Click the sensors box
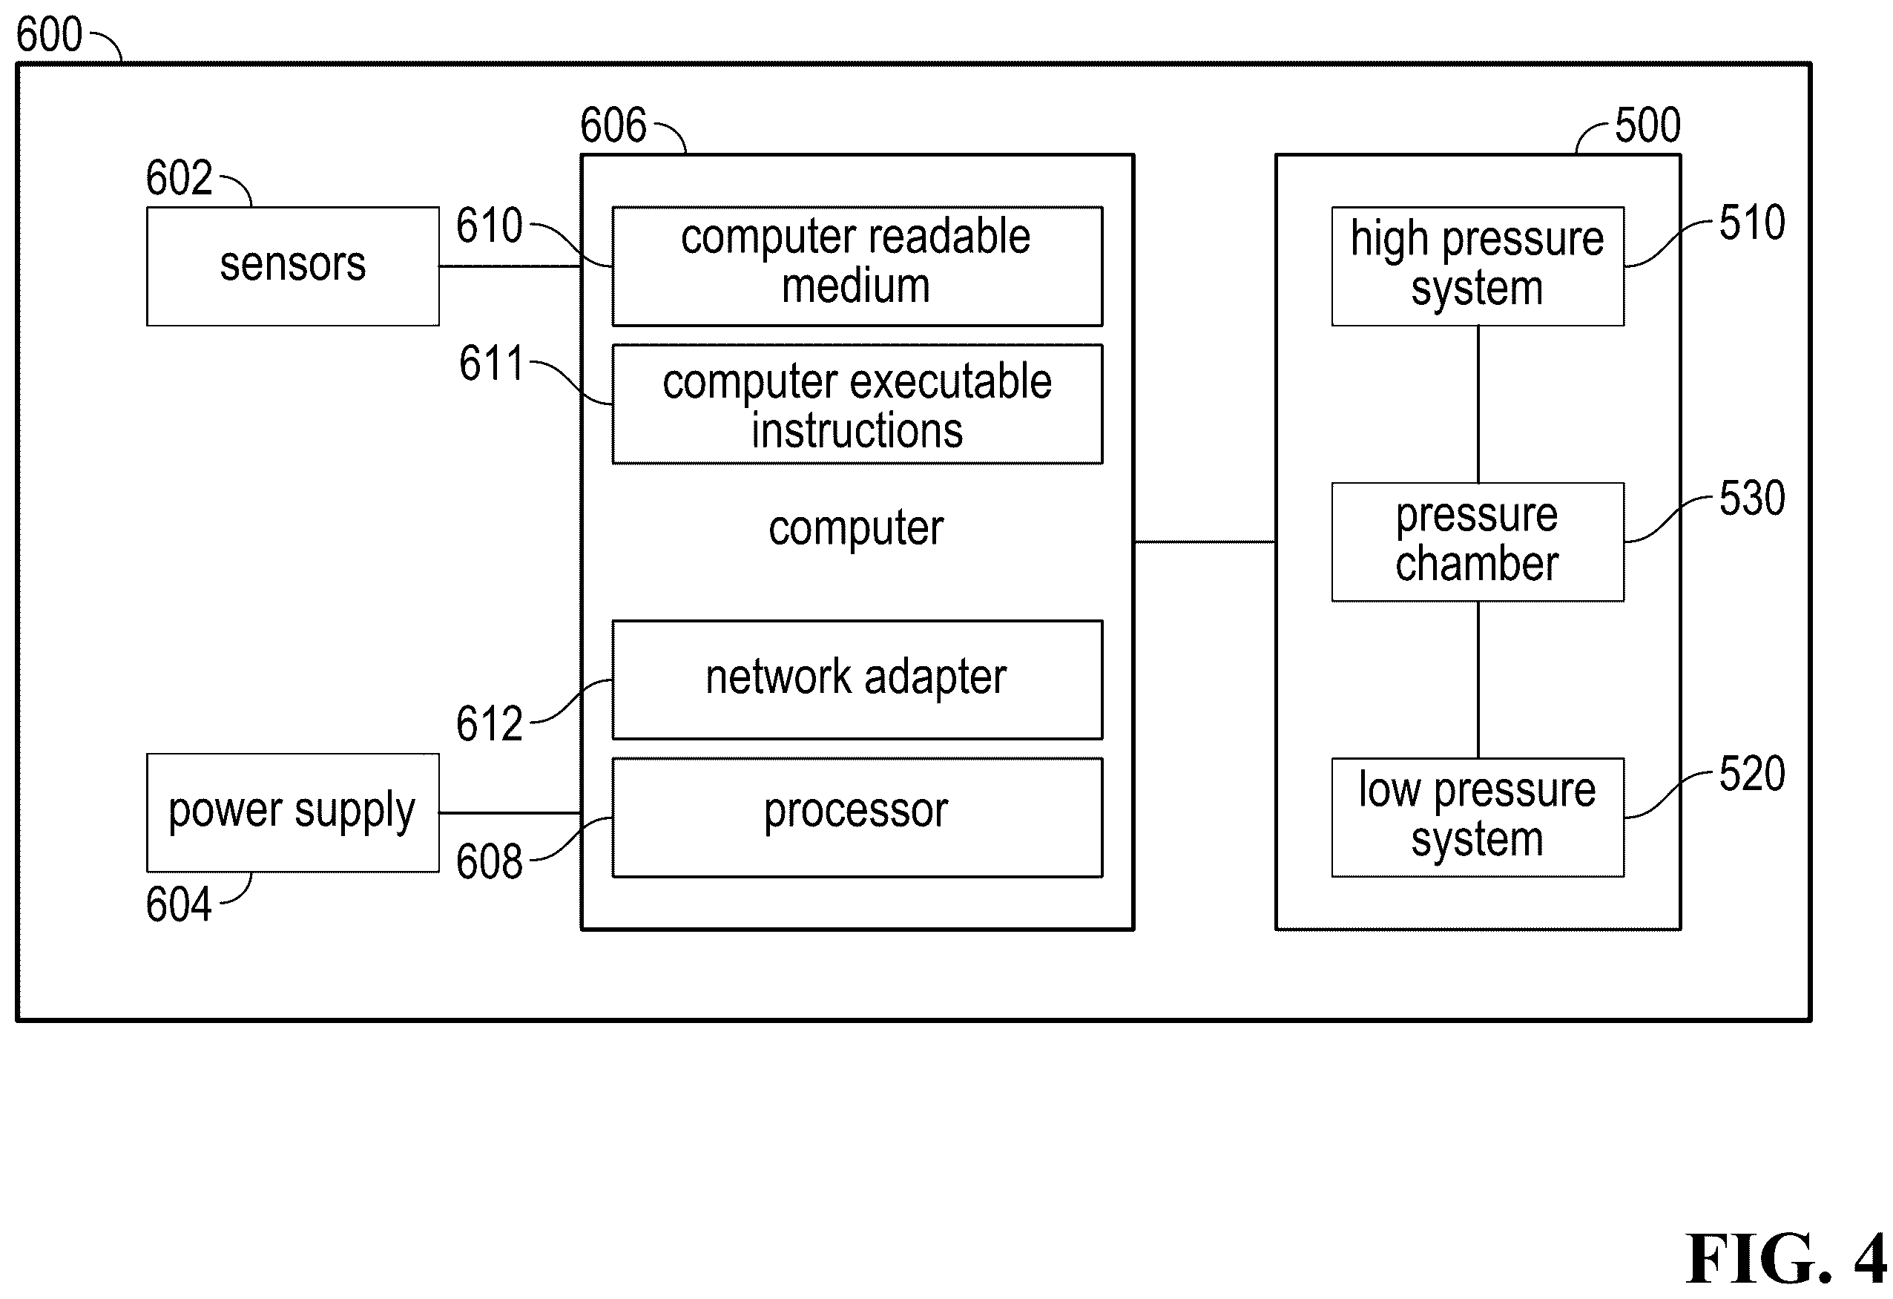pyautogui.click(x=292, y=266)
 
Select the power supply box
pyautogui.click(x=292, y=813)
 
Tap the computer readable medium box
pyautogui.click(x=857, y=266)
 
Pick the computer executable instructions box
pyautogui.click(x=857, y=405)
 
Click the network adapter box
pyautogui.click(x=857, y=680)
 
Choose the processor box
pyautogui.click(x=857, y=818)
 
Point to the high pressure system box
pyautogui.click(x=1478, y=266)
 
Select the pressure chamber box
pyautogui.click(x=1478, y=542)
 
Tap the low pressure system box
pyautogui.click(x=1478, y=818)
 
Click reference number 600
pyautogui.click(x=50, y=35)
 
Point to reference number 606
pyautogui.click(x=613, y=125)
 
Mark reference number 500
pyautogui.click(x=1647, y=125)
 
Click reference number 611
pyautogui.click(x=491, y=364)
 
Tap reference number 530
pyautogui.click(x=1752, y=499)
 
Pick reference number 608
pyautogui.click(x=489, y=861)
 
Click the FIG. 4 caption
pyautogui.click(x=1786, y=1258)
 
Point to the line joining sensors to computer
pyautogui.click(x=510, y=266)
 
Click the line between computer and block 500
pyautogui.click(x=1205, y=542)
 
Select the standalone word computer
pyautogui.click(x=856, y=528)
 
